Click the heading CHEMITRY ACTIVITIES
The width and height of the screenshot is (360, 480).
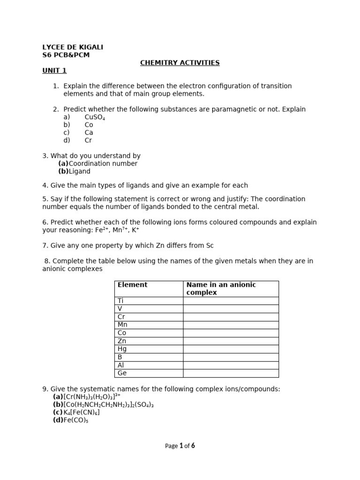180,63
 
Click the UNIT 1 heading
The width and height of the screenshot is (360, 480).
54,71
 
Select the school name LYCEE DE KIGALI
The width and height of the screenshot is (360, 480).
73,47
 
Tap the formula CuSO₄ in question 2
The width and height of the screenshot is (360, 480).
95,117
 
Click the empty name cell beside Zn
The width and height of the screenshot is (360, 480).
231,341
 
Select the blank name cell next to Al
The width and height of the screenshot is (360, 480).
231,366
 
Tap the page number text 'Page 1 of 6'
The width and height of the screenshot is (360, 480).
180,446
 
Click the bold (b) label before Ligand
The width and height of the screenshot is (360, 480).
63,172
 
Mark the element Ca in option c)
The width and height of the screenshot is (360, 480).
89,133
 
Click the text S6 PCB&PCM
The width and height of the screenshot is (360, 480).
66,55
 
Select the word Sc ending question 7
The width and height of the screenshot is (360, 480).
210,246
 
